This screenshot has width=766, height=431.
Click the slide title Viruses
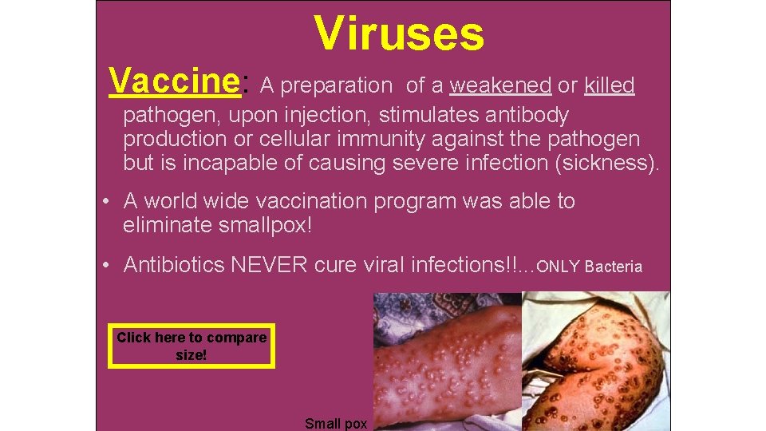pos(399,34)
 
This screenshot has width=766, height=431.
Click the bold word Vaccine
pos(175,81)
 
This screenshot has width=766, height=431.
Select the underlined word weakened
pos(500,85)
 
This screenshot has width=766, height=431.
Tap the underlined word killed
pos(609,85)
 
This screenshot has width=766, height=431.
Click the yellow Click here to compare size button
pos(191,346)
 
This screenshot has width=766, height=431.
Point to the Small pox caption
pos(336,423)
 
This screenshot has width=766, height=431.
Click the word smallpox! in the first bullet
pos(265,226)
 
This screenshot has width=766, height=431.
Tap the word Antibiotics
pos(174,265)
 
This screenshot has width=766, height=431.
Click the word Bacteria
pos(613,267)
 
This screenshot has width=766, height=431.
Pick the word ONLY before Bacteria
pos(559,267)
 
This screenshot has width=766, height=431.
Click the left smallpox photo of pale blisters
pos(447,359)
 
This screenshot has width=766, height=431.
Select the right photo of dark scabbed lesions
pos(595,359)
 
